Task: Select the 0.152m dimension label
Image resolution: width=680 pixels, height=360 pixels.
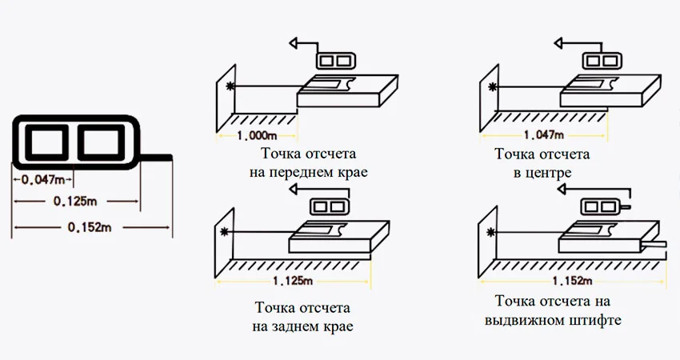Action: tap(90, 228)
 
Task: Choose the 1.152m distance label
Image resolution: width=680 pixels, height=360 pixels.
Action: tap(571, 281)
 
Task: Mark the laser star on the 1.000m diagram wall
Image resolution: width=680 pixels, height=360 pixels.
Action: tap(231, 86)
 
